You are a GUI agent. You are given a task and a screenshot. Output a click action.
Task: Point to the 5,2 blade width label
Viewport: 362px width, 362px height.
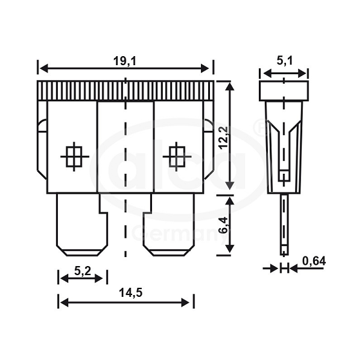coord(83,271)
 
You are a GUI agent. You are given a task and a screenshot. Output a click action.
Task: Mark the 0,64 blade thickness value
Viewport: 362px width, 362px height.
coord(314,261)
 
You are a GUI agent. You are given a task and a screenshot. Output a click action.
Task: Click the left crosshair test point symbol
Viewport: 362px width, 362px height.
coord(74,156)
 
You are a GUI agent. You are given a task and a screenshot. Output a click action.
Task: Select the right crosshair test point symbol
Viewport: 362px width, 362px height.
coord(177,156)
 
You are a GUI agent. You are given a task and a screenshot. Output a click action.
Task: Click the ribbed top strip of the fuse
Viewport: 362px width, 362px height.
coord(125,91)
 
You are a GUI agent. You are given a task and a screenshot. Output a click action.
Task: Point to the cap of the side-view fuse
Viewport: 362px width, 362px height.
coord(284,91)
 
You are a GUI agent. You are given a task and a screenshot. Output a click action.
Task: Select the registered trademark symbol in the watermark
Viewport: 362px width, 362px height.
coord(258,127)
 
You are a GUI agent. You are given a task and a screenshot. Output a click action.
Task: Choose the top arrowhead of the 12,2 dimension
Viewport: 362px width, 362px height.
coord(230,84)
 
